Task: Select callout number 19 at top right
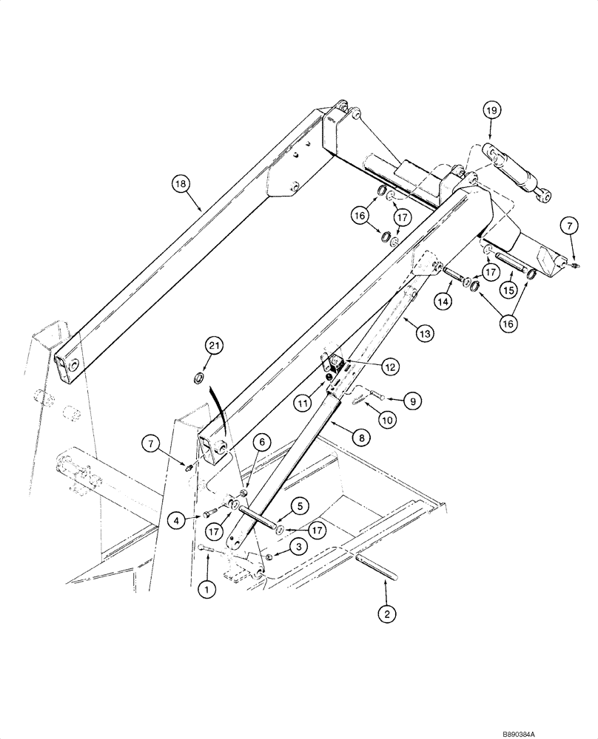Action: click(x=492, y=110)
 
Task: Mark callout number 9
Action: click(x=412, y=401)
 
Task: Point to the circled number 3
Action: click(x=298, y=546)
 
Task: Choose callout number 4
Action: click(x=175, y=520)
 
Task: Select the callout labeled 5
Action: click(x=299, y=507)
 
